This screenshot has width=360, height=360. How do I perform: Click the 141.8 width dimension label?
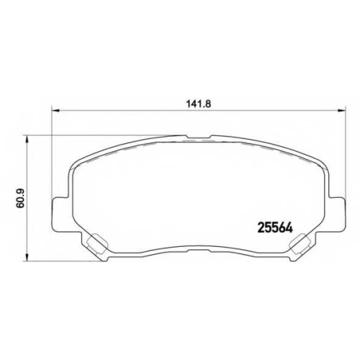[198, 104]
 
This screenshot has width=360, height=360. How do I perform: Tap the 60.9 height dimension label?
[20, 198]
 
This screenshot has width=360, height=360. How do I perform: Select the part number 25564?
[275, 228]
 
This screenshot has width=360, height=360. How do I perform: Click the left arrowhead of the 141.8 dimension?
[55, 111]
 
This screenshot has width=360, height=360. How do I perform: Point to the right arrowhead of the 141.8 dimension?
[341, 111]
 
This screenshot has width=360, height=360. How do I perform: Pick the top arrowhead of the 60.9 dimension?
[27, 139]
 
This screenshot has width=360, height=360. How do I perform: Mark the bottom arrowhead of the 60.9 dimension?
[27, 257]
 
